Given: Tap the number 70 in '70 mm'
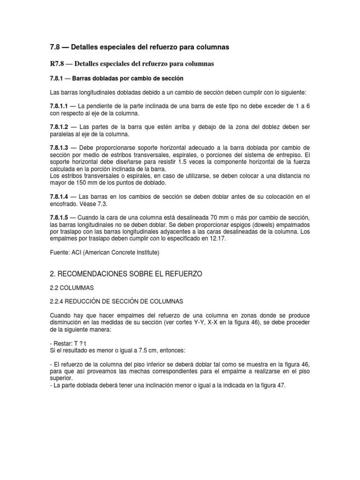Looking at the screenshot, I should click(215, 218).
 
